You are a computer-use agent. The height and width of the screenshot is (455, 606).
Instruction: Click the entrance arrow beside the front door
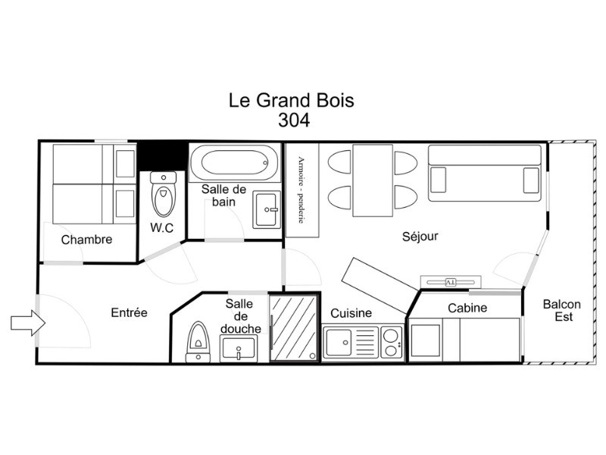point(28,323)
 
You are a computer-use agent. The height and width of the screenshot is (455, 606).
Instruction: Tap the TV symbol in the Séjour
point(451,282)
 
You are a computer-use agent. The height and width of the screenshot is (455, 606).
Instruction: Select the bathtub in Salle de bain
point(234,162)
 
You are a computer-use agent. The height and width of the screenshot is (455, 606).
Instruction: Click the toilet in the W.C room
point(164,194)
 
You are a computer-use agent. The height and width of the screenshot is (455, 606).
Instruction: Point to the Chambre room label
point(86,240)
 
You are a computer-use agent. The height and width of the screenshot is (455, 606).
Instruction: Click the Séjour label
point(420,236)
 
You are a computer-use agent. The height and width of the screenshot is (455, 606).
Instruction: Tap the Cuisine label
point(351,312)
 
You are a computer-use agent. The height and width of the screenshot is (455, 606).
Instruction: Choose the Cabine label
point(467,308)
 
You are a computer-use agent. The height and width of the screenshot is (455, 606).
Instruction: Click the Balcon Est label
point(562,310)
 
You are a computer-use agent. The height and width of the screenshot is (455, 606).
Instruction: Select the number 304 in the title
point(294,120)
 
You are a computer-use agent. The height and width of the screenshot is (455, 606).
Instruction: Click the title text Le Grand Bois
point(292,100)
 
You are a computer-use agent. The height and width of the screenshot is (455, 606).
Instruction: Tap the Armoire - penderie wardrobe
point(302,190)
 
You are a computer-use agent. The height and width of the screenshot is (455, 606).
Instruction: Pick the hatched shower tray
point(293,328)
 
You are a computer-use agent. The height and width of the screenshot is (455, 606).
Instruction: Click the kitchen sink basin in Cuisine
point(339,342)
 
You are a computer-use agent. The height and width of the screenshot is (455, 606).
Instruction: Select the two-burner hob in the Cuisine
point(391,342)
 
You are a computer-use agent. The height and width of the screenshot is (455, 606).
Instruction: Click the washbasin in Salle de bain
point(266,210)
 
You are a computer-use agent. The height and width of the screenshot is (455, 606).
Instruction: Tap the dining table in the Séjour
point(373,180)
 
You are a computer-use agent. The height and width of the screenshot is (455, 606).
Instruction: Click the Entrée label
point(129,312)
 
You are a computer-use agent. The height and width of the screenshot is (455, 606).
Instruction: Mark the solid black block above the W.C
point(161,155)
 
